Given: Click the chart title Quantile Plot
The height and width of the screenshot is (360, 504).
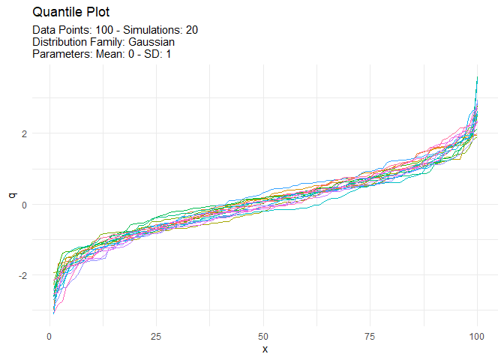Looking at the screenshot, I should point(71,13).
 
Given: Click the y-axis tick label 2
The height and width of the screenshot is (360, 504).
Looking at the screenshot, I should point(25,133).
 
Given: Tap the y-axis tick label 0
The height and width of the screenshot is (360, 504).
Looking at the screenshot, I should point(25,204).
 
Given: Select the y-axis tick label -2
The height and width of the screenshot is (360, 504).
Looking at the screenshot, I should point(23,275).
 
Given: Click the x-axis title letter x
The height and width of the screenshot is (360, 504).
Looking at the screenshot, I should point(263,349).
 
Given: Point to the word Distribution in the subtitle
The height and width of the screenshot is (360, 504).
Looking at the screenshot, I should point(60,42).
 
